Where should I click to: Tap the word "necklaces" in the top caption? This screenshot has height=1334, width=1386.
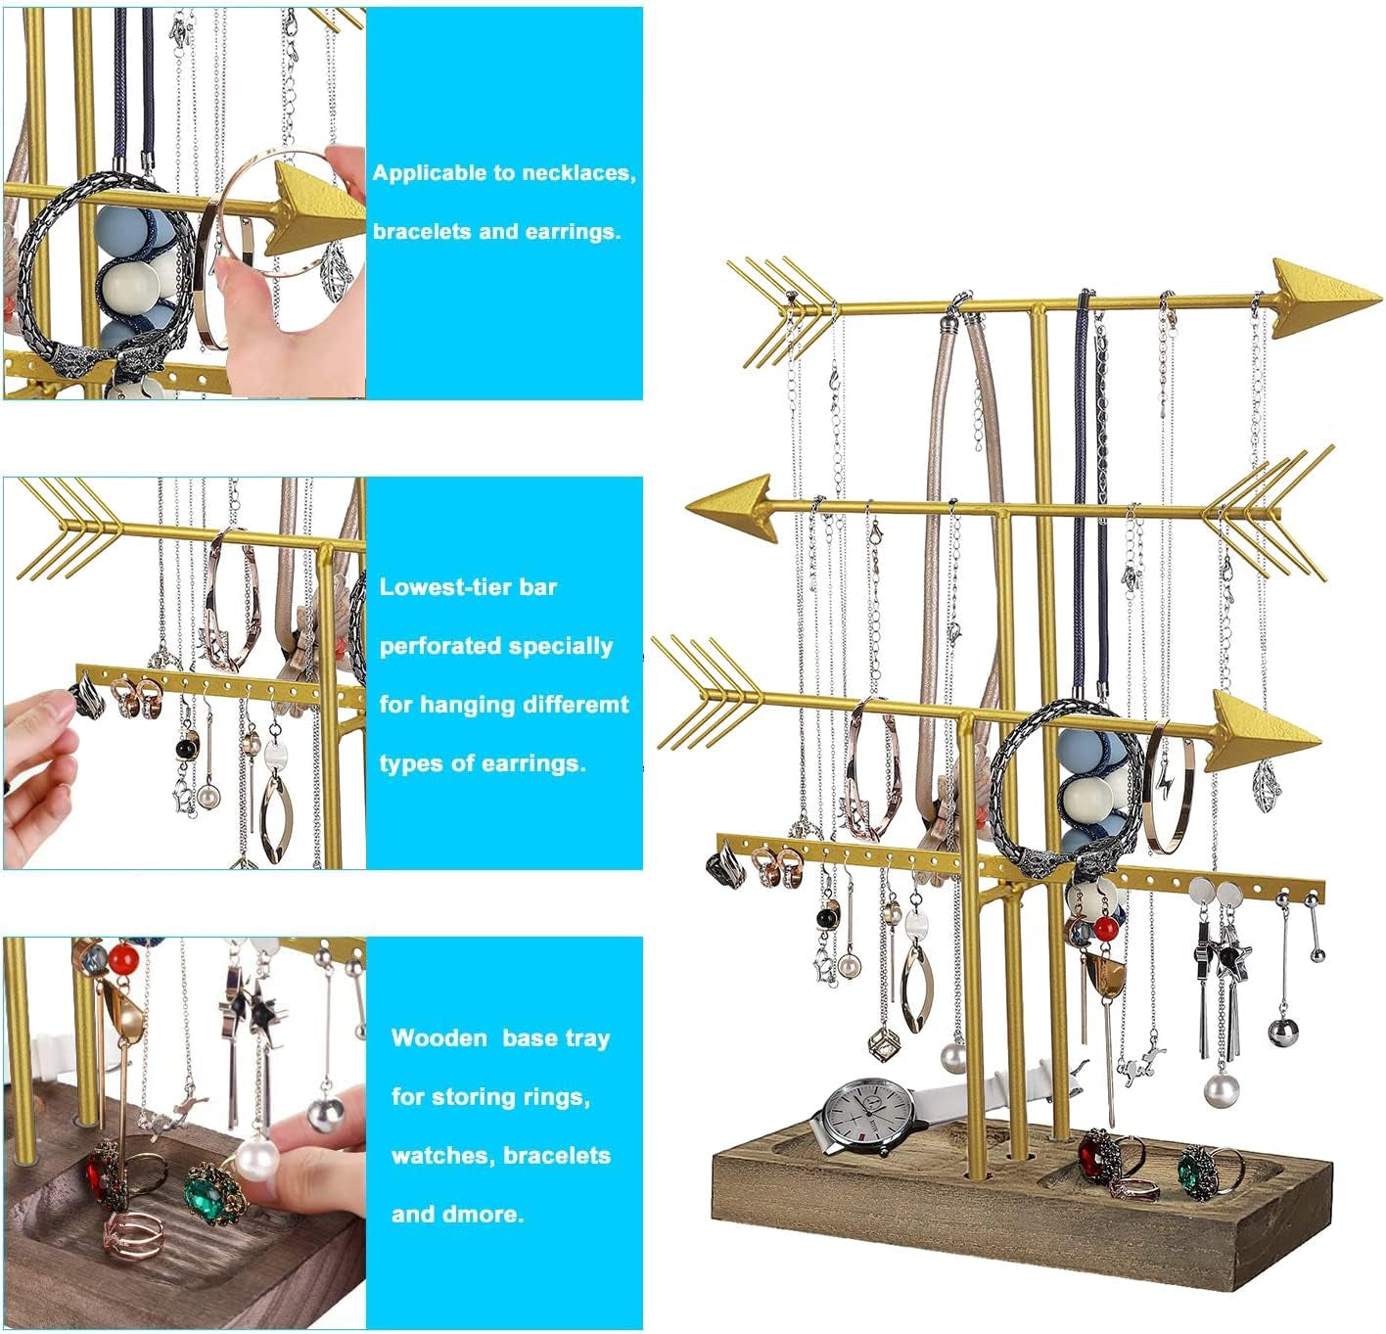click(x=578, y=173)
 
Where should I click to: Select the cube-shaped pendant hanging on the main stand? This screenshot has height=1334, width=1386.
click(x=888, y=1046)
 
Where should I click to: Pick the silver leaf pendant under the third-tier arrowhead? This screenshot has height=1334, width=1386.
click(x=1268, y=782)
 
